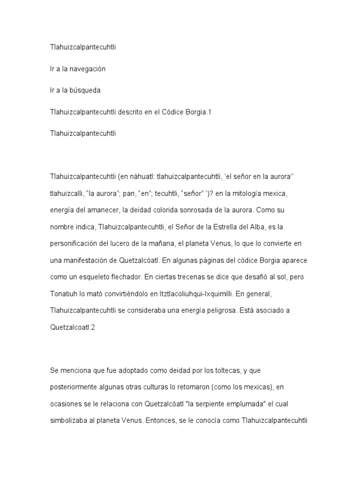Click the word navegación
(x=87, y=69)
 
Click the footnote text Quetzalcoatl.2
(x=73, y=328)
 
